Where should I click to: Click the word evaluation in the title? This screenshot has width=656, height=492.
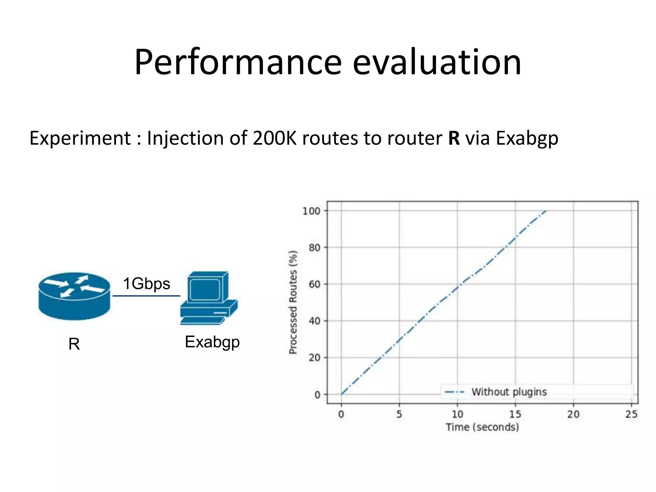click(x=437, y=62)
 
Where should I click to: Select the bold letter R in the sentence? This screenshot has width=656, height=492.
click(x=454, y=138)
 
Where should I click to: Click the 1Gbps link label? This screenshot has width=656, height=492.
click(x=146, y=284)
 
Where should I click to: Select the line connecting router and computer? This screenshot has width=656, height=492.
click(x=146, y=296)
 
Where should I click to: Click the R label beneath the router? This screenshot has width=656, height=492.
click(x=74, y=344)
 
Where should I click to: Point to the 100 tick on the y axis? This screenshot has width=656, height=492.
click(x=311, y=211)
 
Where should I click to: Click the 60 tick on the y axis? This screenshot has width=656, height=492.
click(x=314, y=284)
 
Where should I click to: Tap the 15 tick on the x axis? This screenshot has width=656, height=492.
click(x=515, y=414)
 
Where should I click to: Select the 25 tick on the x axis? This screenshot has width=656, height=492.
click(x=631, y=414)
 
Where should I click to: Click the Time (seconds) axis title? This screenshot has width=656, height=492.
click(x=482, y=427)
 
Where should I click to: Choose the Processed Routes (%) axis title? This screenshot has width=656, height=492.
click(x=293, y=302)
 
